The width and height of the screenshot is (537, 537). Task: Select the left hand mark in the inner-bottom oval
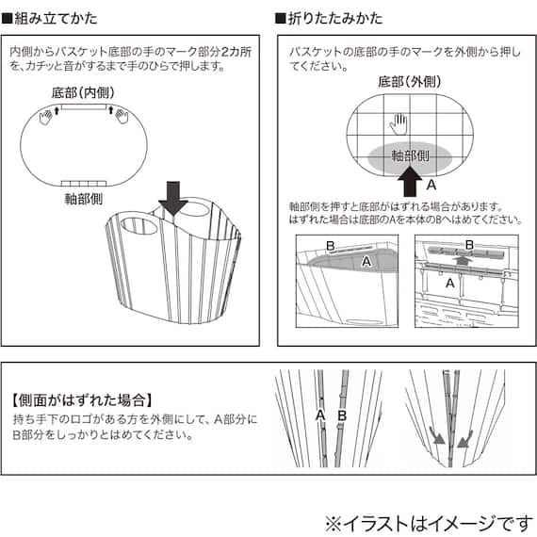tap(47, 115)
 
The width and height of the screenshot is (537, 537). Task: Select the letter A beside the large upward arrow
tap(432, 185)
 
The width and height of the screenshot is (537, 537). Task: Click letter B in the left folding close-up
tap(330, 247)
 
